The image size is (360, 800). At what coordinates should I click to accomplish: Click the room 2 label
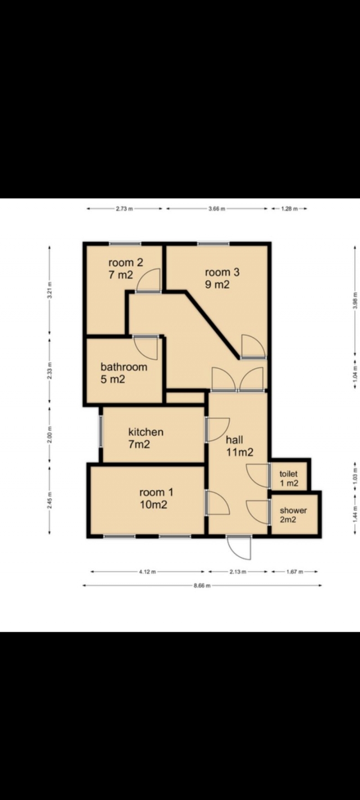coord(125,268)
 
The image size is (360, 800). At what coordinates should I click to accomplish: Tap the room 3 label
coord(222,278)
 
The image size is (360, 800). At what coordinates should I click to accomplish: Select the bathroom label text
coord(124,373)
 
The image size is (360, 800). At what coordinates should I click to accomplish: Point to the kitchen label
coord(146,438)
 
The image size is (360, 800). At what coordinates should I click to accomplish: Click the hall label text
coord(240,446)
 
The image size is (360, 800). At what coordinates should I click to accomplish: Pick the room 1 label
coord(156,498)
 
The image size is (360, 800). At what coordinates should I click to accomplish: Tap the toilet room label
coord(289,479)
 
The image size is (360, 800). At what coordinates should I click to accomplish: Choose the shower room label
coord(293,515)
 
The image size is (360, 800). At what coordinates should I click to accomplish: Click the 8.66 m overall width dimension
coord(202,586)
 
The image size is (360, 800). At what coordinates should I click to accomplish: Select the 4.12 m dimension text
coord(147,572)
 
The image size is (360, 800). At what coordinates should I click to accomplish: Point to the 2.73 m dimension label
coord(124,209)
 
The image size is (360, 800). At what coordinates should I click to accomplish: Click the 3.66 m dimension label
coord(217,209)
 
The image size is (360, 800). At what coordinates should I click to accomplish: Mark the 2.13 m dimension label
coord(237,572)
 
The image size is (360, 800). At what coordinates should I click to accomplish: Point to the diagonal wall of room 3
coord(211,325)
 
